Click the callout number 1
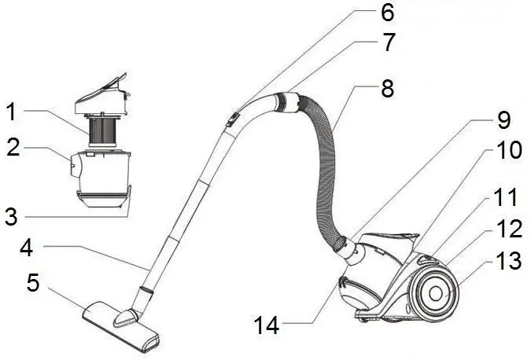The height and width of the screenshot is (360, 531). [x=11, y=112]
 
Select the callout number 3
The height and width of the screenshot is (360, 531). [x=11, y=216]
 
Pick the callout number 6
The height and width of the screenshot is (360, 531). [x=386, y=13]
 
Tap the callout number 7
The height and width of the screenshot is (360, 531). [x=388, y=43]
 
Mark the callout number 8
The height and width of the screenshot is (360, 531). [x=389, y=89]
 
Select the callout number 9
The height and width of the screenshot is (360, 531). [x=503, y=120]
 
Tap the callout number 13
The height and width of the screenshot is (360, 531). [x=509, y=260]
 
